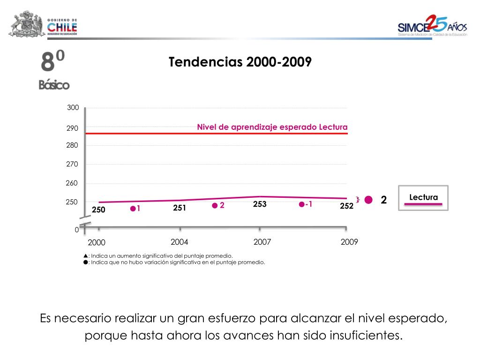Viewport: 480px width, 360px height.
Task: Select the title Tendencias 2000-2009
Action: [240, 62]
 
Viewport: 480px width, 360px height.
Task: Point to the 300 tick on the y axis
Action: [73, 108]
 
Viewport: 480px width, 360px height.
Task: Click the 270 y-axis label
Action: [72, 164]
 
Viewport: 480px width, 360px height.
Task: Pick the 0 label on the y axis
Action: [77, 230]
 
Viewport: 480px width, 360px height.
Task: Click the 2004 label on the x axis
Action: [180, 242]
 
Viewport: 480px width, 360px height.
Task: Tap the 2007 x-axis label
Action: [262, 242]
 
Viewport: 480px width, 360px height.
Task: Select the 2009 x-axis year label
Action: [349, 242]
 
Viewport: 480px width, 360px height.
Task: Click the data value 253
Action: [260, 204]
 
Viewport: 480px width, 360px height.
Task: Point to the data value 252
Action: [346, 206]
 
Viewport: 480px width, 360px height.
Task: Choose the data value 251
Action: [180, 208]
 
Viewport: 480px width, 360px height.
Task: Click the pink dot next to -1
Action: [301, 204]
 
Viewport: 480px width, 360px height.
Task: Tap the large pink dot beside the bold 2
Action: [368, 200]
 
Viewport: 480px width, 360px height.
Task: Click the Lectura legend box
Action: [423, 198]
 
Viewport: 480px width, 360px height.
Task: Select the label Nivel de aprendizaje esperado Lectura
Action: [272, 127]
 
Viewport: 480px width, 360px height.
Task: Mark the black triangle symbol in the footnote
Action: [85, 256]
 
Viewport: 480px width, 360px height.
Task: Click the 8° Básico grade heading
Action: [53, 70]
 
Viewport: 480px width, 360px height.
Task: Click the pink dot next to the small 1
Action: [133, 209]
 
